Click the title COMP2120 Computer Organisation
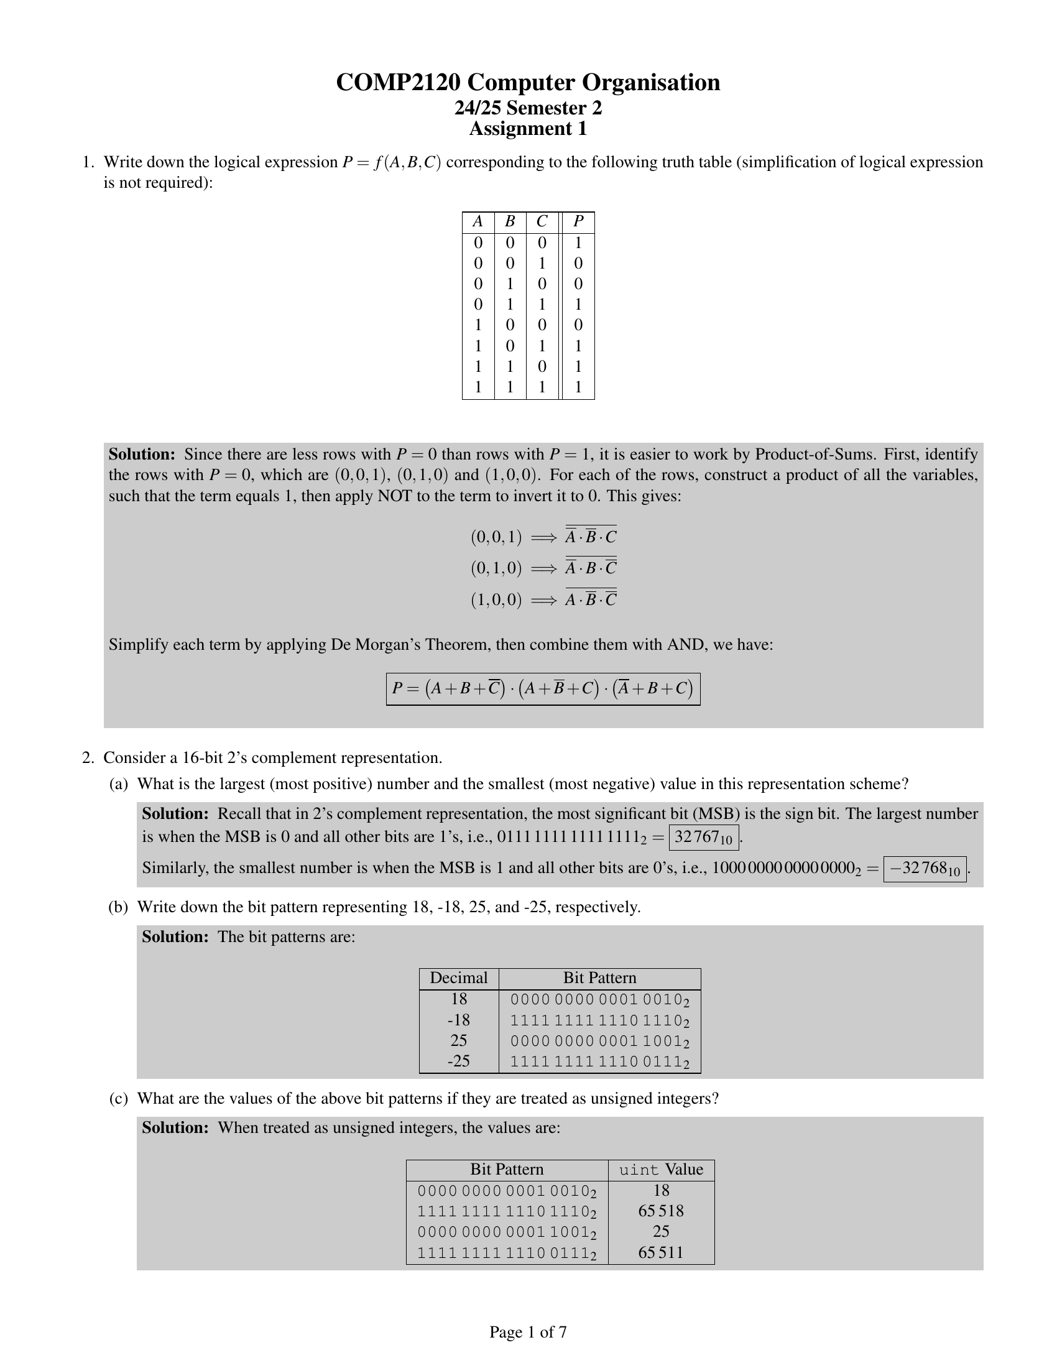pyautogui.click(x=528, y=83)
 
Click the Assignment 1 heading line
pyautogui.click(x=528, y=129)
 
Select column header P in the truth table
pyautogui.click(x=578, y=222)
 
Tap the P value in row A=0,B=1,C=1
pyautogui.click(x=578, y=305)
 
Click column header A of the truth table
pyautogui.click(x=478, y=222)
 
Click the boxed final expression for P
pyautogui.click(x=542, y=689)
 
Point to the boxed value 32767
pyautogui.click(x=703, y=838)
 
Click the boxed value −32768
pyautogui.click(x=924, y=869)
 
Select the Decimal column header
pyautogui.click(x=458, y=978)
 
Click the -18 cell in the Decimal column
pyautogui.click(x=458, y=1020)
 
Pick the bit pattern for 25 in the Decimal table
pyautogui.click(x=599, y=1041)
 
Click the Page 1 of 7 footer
pyautogui.click(x=528, y=1333)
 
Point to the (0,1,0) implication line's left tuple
pyautogui.click(x=496, y=568)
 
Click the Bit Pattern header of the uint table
pyautogui.click(x=507, y=1170)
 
